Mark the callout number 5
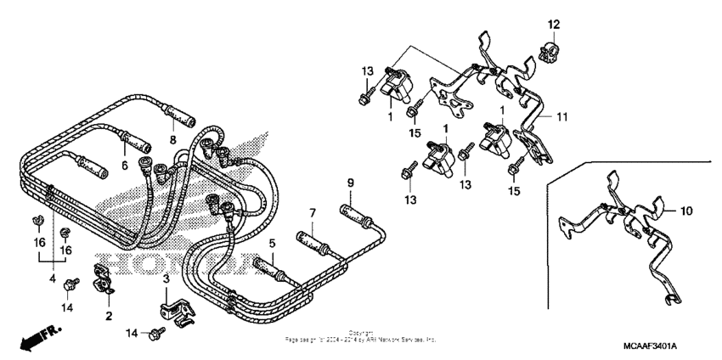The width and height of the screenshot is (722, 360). click(x=273, y=243)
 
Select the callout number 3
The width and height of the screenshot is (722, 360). click(x=166, y=278)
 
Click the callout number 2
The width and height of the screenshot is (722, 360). click(x=109, y=316)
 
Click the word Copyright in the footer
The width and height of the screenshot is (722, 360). click(x=361, y=333)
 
